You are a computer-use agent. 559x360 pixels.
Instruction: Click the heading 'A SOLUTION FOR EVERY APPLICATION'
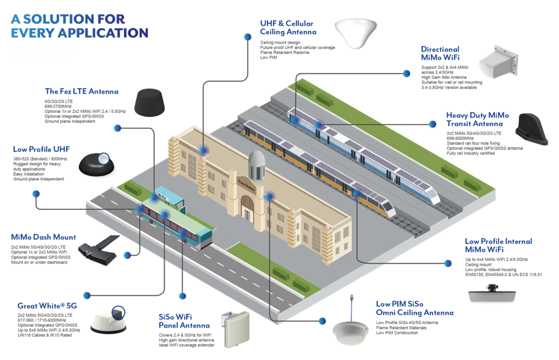[x=79, y=26]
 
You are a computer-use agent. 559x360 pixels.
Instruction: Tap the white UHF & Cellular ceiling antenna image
[x=356, y=33]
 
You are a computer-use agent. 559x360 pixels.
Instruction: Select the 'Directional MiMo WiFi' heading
[x=440, y=54]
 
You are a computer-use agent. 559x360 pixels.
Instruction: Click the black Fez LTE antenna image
[x=150, y=102]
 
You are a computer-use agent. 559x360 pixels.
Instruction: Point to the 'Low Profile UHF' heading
[x=41, y=150]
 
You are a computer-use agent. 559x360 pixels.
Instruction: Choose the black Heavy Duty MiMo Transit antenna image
[x=532, y=129]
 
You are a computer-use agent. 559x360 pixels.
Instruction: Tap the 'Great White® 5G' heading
[x=47, y=306]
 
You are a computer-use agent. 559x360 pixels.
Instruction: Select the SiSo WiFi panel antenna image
[x=235, y=329]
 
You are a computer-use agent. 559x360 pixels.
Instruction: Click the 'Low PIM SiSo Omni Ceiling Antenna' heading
[x=415, y=308]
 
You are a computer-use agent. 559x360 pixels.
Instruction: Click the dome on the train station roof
[x=256, y=165]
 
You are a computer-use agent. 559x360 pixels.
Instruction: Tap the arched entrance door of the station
[x=247, y=209]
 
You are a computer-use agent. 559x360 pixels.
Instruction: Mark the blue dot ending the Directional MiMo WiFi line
[x=407, y=73]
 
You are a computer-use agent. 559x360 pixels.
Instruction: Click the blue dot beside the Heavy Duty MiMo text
[x=432, y=124]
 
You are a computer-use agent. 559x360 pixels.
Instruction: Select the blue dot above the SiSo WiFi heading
[x=182, y=296]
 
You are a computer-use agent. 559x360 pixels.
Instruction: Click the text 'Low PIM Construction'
[x=397, y=333]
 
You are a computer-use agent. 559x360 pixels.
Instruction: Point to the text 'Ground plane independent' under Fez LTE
[x=70, y=122]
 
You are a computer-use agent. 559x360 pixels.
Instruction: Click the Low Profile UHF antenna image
[x=96, y=165]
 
